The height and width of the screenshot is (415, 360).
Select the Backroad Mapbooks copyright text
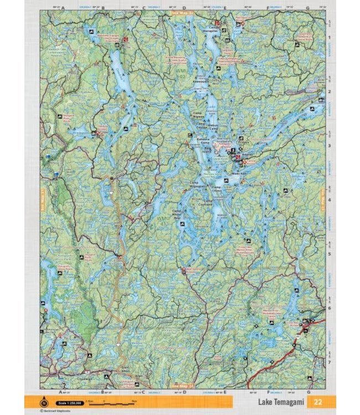58,411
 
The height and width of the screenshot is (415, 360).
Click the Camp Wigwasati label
198,183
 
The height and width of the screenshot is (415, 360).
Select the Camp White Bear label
177,213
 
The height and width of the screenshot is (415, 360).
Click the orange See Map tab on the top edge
184,11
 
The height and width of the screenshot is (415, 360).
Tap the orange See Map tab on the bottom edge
184,385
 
